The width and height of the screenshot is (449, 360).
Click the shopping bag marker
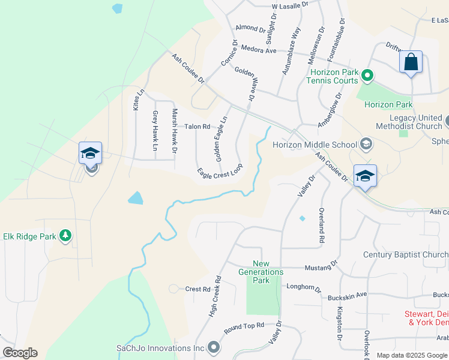tap(411, 62)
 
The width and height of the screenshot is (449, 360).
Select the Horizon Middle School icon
tap(366, 144)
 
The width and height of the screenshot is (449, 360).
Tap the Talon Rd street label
tap(197, 127)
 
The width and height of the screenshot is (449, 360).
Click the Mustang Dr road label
tap(318, 267)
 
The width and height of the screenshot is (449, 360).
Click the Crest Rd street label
tap(197, 289)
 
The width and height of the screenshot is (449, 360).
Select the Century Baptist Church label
tap(405, 254)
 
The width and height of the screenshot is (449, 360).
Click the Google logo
tap(20, 353)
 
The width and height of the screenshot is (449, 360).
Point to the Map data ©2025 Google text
tap(412, 355)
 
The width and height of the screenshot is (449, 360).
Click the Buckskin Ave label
tap(347, 296)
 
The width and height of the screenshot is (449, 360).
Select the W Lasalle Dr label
tap(289, 5)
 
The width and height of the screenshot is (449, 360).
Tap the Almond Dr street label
tap(250, 28)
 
